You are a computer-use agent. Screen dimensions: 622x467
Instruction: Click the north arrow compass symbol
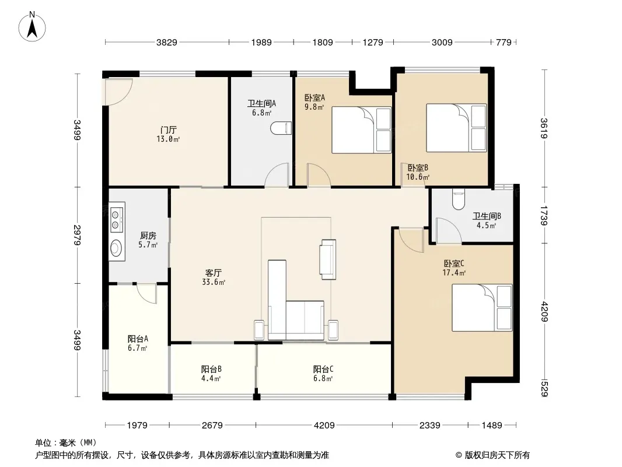click(x=32, y=27)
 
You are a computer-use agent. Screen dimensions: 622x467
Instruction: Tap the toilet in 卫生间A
click(x=281, y=128)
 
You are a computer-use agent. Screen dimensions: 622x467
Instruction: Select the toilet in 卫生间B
click(x=458, y=200)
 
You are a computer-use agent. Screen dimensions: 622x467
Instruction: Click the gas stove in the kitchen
click(x=117, y=220)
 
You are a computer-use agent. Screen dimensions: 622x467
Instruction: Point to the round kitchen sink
click(x=117, y=249)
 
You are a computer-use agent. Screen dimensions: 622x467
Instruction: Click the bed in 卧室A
click(x=361, y=130)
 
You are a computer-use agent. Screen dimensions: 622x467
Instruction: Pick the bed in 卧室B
click(x=456, y=128)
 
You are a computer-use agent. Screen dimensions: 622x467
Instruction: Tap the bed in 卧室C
click(x=482, y=308)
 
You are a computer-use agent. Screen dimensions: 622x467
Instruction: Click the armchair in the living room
click(x=328, y=260)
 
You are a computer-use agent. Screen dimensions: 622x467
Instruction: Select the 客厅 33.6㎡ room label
click(x=214, y=277)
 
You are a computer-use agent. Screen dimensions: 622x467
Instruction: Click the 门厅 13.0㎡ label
click(x=168, y=134)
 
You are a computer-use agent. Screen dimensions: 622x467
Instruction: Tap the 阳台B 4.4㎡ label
click(x=211, y=374)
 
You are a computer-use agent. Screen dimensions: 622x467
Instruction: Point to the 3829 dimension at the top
click(x=167, y=42)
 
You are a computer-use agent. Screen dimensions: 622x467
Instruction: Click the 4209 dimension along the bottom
click(x=324, y=426)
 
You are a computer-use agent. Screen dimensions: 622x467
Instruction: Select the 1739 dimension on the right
click(x=544, y=215)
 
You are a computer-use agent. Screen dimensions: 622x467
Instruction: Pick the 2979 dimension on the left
click(x=78, y=235)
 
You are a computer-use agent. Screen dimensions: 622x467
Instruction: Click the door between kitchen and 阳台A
click(x=147, y=294)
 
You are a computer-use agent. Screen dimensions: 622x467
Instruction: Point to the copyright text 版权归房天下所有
click(x=497, y=455)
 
